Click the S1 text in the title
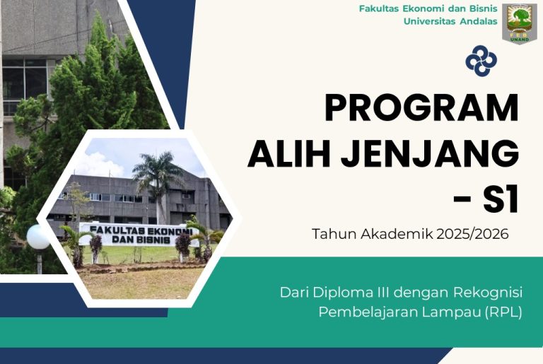[x=501, y=200]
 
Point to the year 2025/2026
[x=472, y=234]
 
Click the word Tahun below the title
[x=334, y=234]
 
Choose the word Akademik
[x=397, y=234]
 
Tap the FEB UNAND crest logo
[x=520, y=24]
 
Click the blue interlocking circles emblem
[x=481, y=61]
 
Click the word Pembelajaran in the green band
[x=368, y=312]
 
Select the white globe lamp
[x=38, y=237]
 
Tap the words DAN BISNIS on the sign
[x=141, y=240]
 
